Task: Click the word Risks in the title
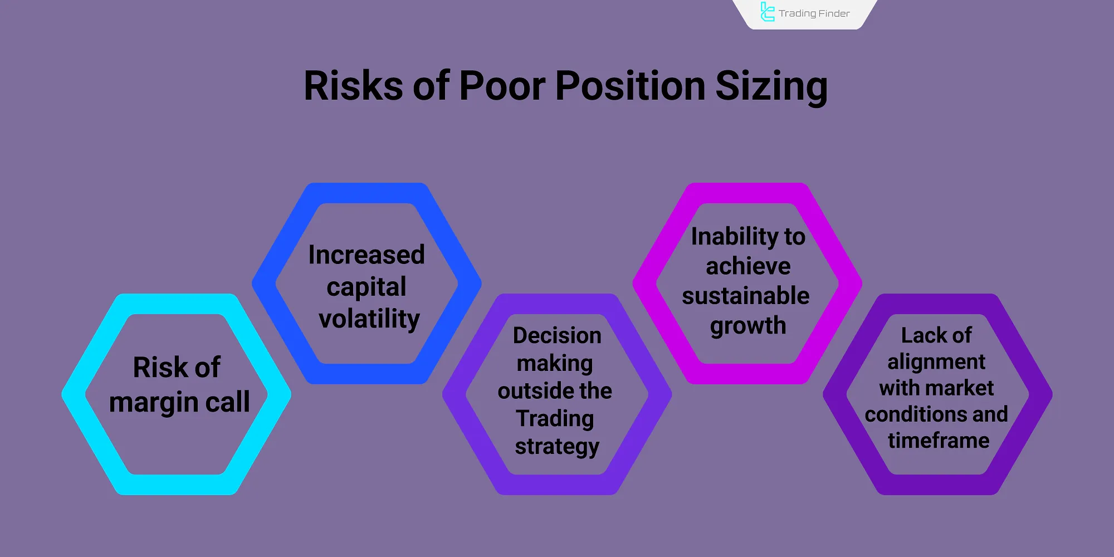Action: [x=354, y=86]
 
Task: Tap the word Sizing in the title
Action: [x=771, y=88]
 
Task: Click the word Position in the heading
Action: [x=631, y=86]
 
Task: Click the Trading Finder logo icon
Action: [x=768, y=12]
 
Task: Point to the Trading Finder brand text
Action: [x=814, y=13]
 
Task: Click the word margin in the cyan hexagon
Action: [x=154, y=403]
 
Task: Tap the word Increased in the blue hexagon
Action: [x=367, y=255]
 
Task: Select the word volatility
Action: [x=369, y=319]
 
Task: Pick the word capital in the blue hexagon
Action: [x=367, y=287]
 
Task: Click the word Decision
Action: [x=557, y=335]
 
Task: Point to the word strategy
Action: [x=557, y=447]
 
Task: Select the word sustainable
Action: [x=746, y=296]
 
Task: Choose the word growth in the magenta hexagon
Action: [x=748, y=326]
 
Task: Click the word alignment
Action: [x=936, y=362]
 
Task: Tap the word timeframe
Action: [x=939, y=441]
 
